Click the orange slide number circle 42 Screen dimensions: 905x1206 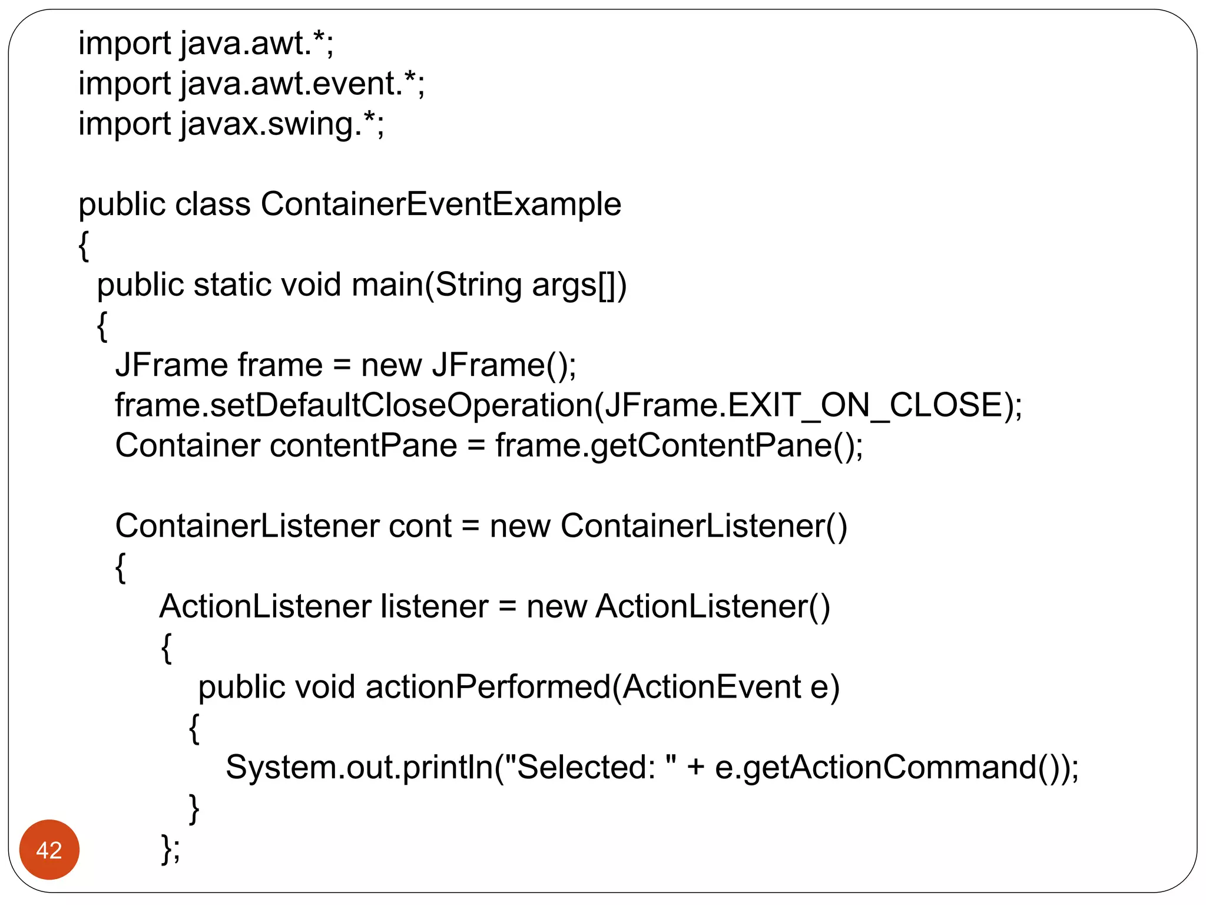49,849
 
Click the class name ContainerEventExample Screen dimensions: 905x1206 440,204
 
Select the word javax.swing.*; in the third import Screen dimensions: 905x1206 282,124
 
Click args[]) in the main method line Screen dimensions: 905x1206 579,285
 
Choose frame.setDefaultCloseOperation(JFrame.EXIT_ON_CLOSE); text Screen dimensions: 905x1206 568,406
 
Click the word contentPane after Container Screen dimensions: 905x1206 363,446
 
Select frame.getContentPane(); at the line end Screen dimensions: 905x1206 678,446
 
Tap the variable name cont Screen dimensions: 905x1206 419,526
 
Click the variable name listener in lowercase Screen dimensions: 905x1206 434,607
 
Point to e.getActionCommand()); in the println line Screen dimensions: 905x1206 896,768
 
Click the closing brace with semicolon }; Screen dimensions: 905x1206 170,849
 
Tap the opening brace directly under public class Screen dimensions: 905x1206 84,246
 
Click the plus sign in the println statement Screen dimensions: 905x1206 695,768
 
